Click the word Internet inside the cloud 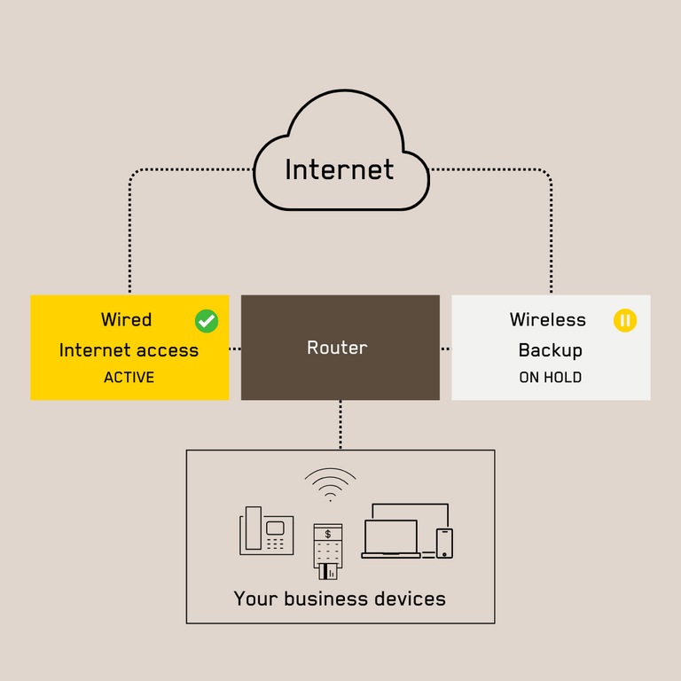[x=340, y=168]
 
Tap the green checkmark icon [x=207, y=320]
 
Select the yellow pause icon [x=625, y=320]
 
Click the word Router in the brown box [x=337, y=348]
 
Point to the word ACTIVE [x=129, y=377]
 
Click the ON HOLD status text [x=550, y=377]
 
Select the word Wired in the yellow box [x=126, y=319]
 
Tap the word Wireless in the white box [x=547, y=319]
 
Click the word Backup [x=550, y=349]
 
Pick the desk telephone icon [x=266, y=531]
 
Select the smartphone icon [x=444, y=543]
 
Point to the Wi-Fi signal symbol [x=330, y=485]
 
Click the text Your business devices [x=340, y=599]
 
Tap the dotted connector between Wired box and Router [x=235, y=348]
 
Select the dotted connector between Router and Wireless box [x=446, y=348]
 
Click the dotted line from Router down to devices [x=340, y=425]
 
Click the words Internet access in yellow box [x=129, y=349]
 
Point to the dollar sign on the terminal [x=328, y=534]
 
